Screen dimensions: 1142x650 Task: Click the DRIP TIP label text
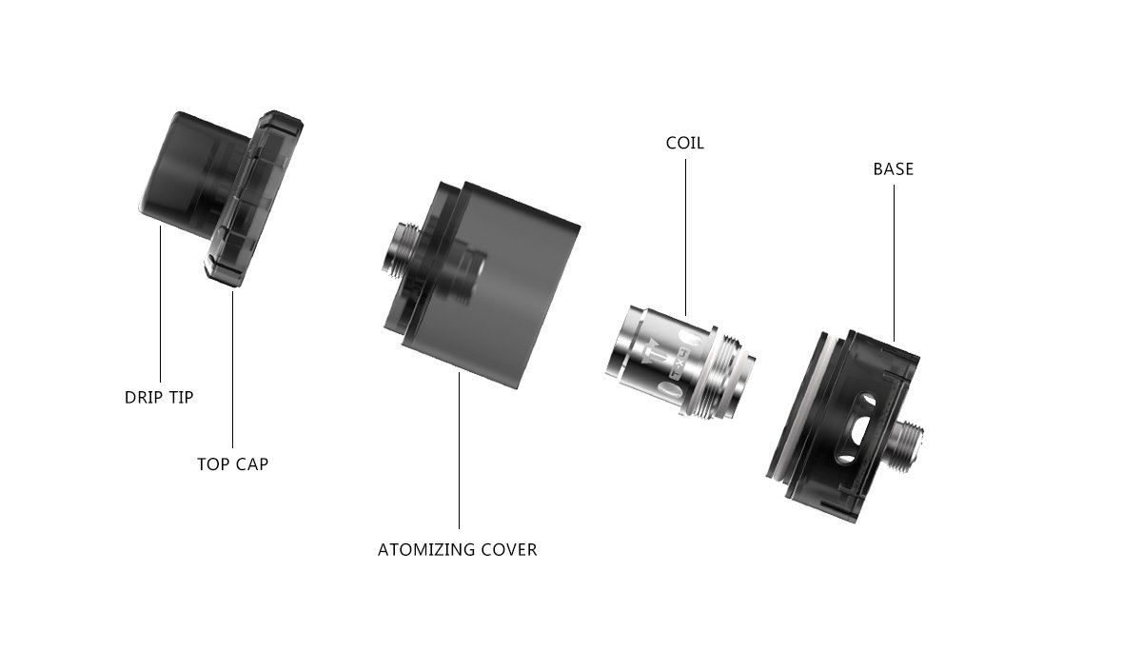(x=159, y=397)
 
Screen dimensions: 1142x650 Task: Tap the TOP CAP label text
(x=232, y=463)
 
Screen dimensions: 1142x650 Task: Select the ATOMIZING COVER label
(x=458, y=549)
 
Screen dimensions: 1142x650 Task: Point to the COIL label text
(x=684, y=143)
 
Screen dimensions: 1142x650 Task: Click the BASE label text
(x=894, y=168)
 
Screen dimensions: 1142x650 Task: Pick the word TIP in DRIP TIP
(x=180, y=397)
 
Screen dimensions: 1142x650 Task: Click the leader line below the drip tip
(x=160, y=304)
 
